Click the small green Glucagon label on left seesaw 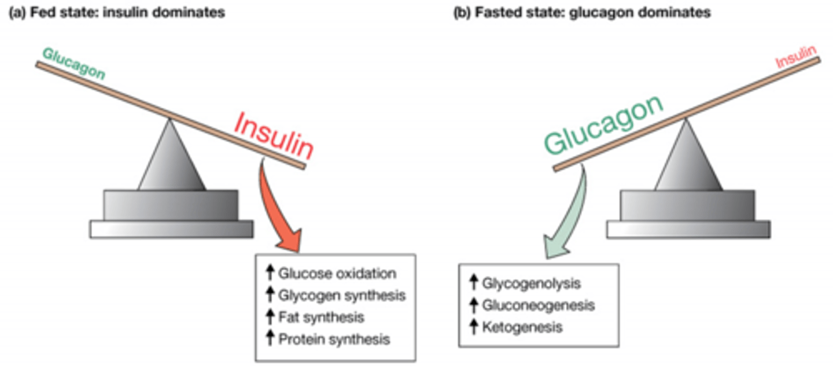click(x=73, y=63)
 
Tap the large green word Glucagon click(x=603, y=126)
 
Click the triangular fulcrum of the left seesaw click(x=171, y=159)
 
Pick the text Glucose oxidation click(x=337, y=274)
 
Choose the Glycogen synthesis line click(x=342, y=296)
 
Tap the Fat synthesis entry click(x=321, y=317)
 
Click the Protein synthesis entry click(x=334, y=339)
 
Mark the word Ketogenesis click(x=522, y=327)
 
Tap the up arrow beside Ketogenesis click(x=474, y=327)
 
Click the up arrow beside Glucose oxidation click(x=270, y=274)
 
